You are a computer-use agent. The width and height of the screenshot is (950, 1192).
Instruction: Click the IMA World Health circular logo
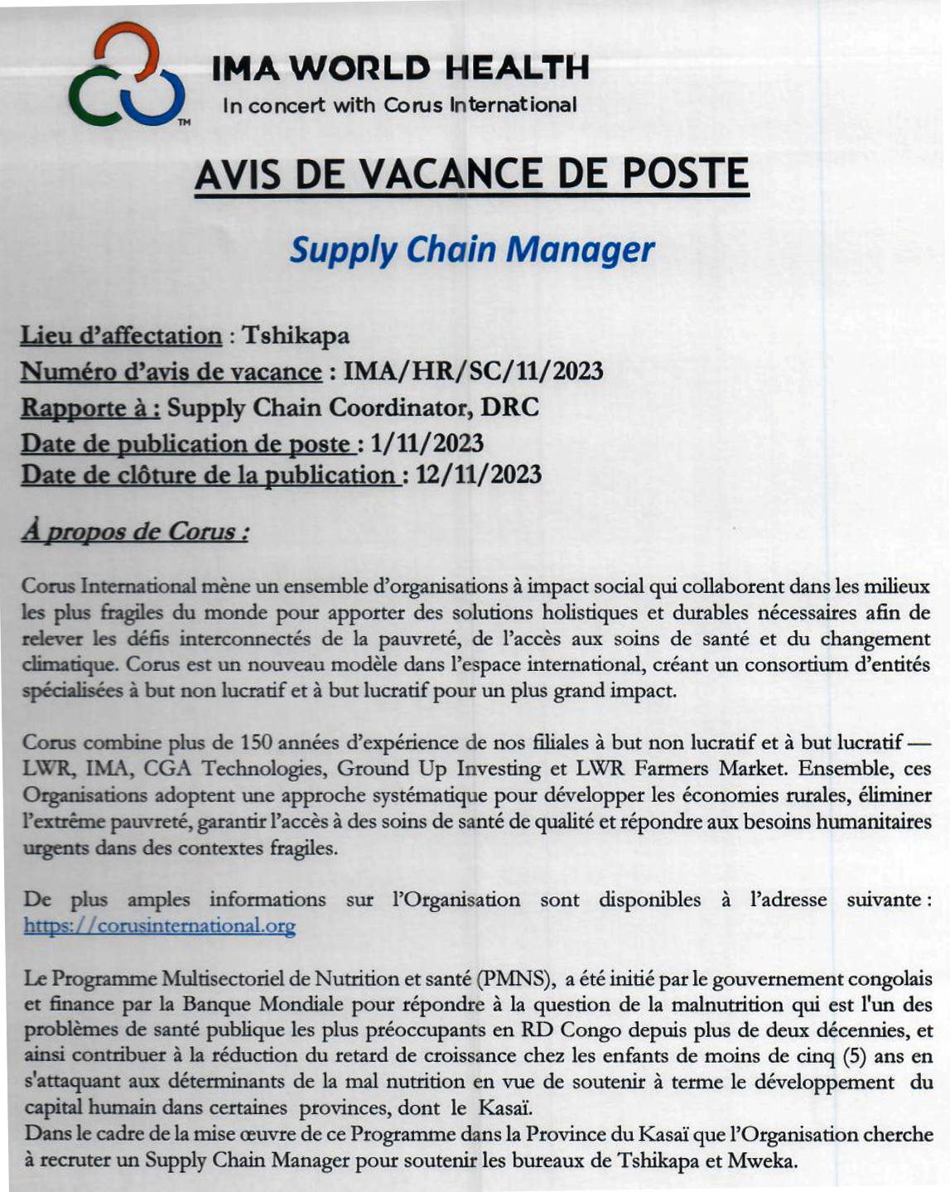pyautogui.click(x=126, y=76)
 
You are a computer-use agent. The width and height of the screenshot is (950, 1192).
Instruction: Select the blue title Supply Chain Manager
pyautogui.click(x=472, y=249)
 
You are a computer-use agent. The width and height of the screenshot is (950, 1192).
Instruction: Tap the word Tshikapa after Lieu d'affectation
pyautogui.click(x=296, y=335)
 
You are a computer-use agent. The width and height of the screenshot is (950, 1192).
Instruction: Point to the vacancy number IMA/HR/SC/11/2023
pyautogui.click(x=473, y=370)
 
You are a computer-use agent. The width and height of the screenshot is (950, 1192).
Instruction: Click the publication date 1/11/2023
pyautogui.click(x=427, y=443)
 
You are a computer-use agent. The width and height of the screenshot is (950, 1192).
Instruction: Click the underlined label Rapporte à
pyautogui.click(x=89, y=408)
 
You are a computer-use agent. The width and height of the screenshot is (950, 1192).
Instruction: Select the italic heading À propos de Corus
pyautogui.click(x=134, y=531)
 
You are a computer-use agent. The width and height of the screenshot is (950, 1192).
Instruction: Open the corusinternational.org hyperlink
pyautogui.click(x=159, y=925)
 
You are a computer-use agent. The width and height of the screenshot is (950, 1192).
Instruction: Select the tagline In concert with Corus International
pyautogui.click(x=400, y=105)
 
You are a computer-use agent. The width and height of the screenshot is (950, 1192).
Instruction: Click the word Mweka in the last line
pyautogui.click(x=761, y=1161)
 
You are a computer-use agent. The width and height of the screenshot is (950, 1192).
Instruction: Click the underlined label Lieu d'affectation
pyautogui.click(x=121, y=335)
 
